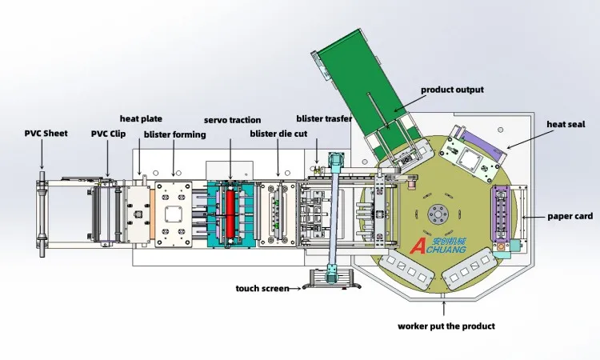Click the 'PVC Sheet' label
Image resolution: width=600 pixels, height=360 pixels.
pos(46,134)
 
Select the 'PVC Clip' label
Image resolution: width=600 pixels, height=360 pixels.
pos(108,134)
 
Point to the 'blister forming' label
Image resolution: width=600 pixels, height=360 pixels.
pos(174,134)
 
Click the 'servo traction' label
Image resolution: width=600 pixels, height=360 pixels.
pos(232,119)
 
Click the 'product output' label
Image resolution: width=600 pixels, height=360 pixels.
pos(452,90)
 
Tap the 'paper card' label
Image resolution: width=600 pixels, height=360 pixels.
pos(569,216)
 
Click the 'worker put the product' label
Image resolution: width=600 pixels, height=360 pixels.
pos(446,326)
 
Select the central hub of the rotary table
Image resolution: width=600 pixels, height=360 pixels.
pos(436,214)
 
